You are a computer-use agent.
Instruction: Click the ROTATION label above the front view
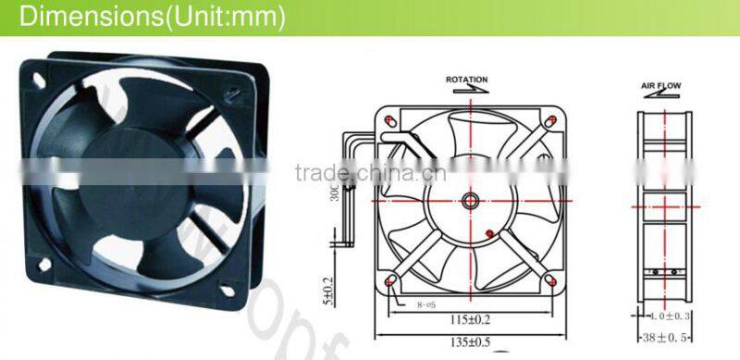[466, 80]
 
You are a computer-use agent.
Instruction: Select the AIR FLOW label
[660, 85]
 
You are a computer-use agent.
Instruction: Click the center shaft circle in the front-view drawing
[469, 199]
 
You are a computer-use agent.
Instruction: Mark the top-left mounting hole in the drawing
[389, 121]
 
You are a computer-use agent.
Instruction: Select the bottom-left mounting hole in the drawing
[388, 279]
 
